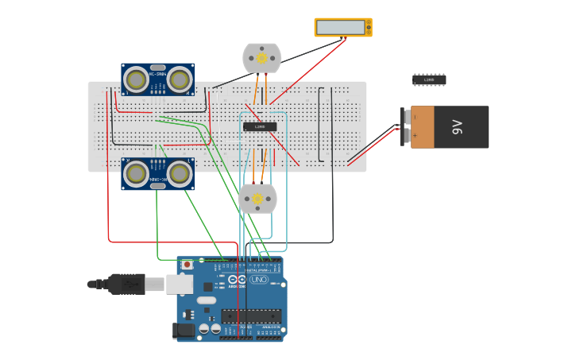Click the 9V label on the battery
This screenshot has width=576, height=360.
click(457, 127)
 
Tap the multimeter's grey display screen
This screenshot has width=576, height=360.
click(341, 28)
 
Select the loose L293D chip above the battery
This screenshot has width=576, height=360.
click(429, 79)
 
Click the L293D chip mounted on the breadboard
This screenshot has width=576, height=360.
click(260, 126)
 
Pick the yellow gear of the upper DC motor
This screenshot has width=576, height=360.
click(261, 57)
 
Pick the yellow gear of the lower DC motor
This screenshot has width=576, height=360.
click(257, 199)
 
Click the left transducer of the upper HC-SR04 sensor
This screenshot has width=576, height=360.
click(137, 79)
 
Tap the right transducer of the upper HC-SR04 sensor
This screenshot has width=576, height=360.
click(180, 79)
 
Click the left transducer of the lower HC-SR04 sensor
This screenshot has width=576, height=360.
click(137, 173)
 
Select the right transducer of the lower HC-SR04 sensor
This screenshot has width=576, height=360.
click(180, 173)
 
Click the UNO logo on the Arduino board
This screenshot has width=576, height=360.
click(259, 280)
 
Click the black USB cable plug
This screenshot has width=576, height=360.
click(127, 284)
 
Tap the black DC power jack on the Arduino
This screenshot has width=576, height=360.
click(184, 330)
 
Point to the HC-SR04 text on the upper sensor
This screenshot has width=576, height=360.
click(158, 74)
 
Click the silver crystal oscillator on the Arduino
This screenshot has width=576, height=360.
click(206, 300)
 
